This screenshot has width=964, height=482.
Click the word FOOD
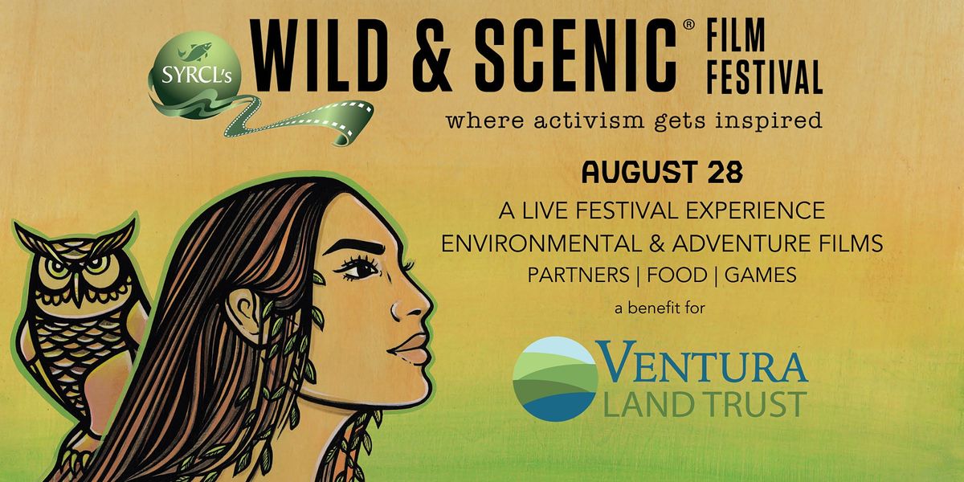pyautogui.click(x=680, y=274)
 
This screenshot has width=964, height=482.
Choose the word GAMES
pyautogui.click(x=760, y=274)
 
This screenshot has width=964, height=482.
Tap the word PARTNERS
pyautogui.click(x=577, y=274)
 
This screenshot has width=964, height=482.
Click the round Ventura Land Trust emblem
pyautogui.click(x=555, y=377)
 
